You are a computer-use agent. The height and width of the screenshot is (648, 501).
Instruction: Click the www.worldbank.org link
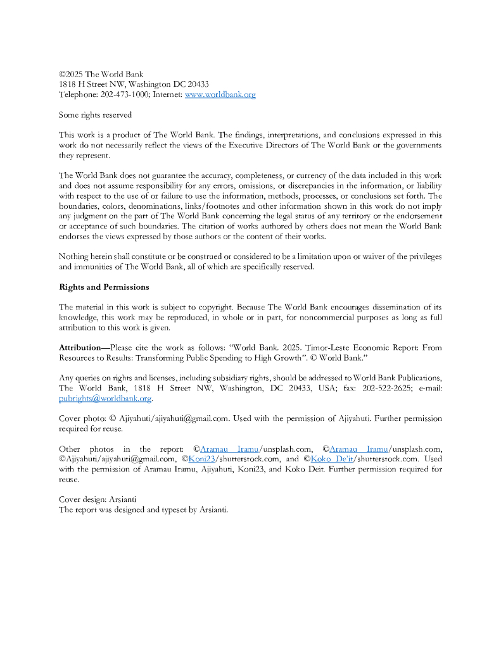click(220, 95)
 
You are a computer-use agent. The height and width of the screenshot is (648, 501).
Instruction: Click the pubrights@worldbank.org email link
click(105, 399)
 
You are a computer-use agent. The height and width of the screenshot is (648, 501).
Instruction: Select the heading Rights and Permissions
click(104, 287)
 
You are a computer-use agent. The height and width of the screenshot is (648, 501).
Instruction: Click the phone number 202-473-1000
click(124, 95)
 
